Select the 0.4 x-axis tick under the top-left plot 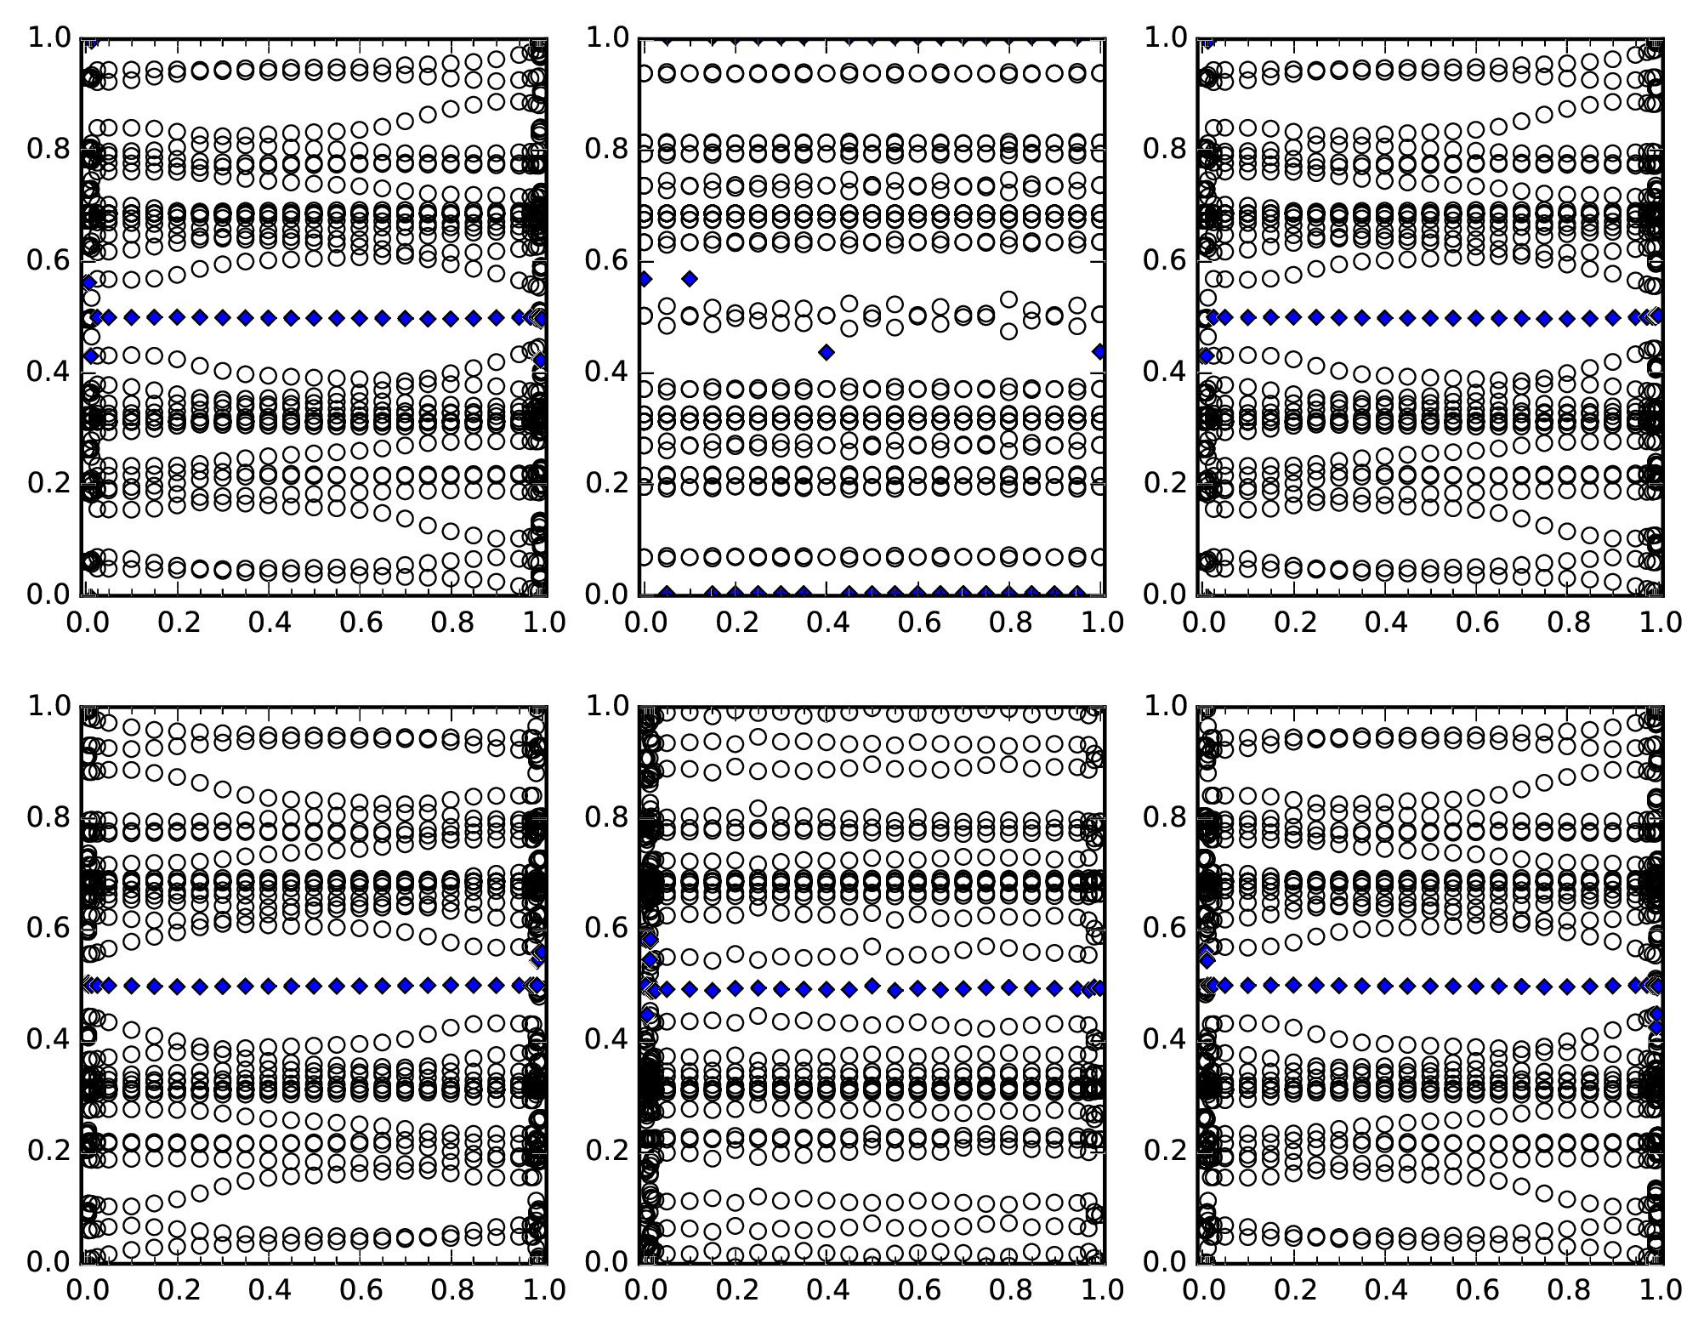269,623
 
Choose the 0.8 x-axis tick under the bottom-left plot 452,1290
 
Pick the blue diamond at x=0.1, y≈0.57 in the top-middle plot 690,279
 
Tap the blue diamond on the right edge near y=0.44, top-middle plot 1100,351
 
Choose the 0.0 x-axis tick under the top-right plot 1203,623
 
